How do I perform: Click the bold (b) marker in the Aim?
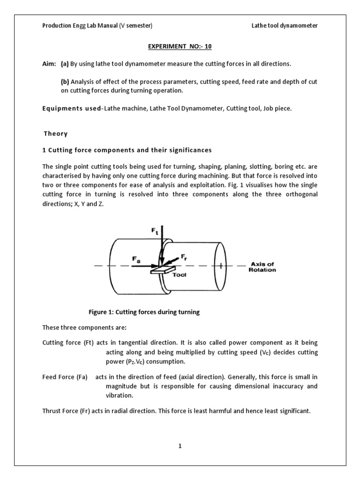click(65, 82)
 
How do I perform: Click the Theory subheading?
click(56, 134)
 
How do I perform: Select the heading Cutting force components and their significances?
click(127, 150)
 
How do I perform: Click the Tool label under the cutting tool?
click(180, 275)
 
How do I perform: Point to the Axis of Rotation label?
click(262, 267)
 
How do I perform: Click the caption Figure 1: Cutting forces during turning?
click(144, 313)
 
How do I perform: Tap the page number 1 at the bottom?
click(180, 446)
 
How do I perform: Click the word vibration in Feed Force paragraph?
click(120, 395)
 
